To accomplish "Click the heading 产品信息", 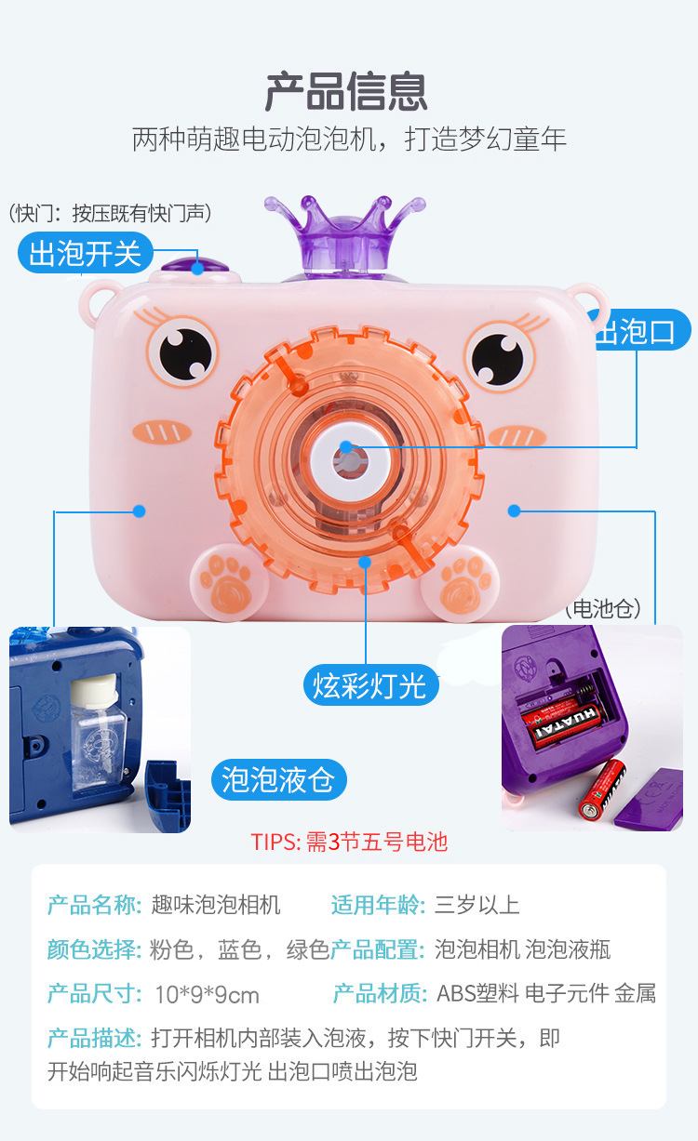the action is tap(346, 92).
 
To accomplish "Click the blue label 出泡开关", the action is tap(85, 253).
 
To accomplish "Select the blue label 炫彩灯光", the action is tap(370, 685).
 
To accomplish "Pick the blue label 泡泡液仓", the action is tap(279, 780).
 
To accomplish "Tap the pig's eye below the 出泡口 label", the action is tap(500, 355).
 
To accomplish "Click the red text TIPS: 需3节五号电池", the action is tap(349, 842).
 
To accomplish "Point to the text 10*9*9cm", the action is tap(207, 995).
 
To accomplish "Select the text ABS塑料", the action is tap(477, 994).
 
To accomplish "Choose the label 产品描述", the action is tap(94, 1038).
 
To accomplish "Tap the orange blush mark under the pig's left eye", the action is tap(162, 432).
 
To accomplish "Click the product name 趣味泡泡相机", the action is tap(216, 905).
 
